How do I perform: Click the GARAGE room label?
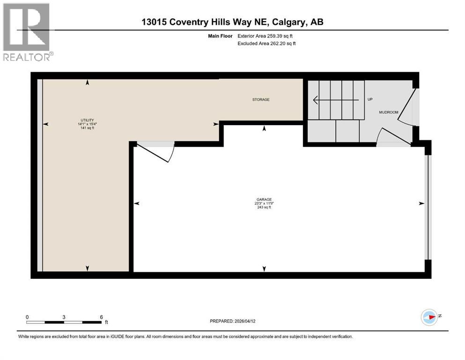pyautogui.click(x=264, y=199)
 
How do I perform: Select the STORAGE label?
pyautogui.click(x=261, y=99)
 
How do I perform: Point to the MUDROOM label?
pyautogui.click(x=388, y=112)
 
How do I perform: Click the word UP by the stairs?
pyautogui.click(x=369, y=99)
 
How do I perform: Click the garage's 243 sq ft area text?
pyautogui.click(x=264, y=207)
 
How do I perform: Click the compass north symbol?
pyautogui.click(x=430, y=317)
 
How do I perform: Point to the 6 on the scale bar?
pyautogui.click(x=101, y=317)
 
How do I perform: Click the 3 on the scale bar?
pyautogui.click(x=64, y=317)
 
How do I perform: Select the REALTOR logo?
pyautogui.click(x=27, y=32)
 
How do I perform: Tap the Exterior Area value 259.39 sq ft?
pyautogui.click(x=280, y=36)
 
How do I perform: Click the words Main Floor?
pyautogui.click(x=220, y=36)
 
